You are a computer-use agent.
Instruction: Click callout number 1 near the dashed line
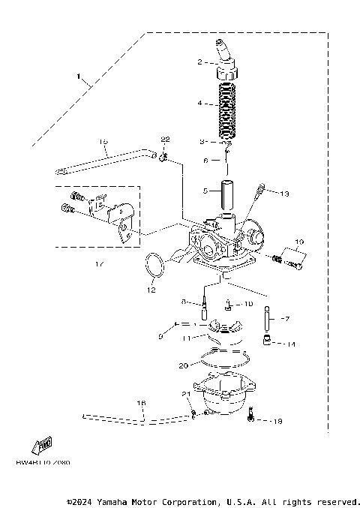click(77, 76)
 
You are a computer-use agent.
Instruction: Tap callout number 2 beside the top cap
click(200, 62)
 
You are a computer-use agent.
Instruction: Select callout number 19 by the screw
click(298, 242)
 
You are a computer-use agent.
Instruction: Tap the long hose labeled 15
click(112, 158)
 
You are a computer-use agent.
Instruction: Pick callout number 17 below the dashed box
click(98, 264)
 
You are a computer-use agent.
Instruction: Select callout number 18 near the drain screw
click(278, 421)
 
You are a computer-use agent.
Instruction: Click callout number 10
click(250, 305)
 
